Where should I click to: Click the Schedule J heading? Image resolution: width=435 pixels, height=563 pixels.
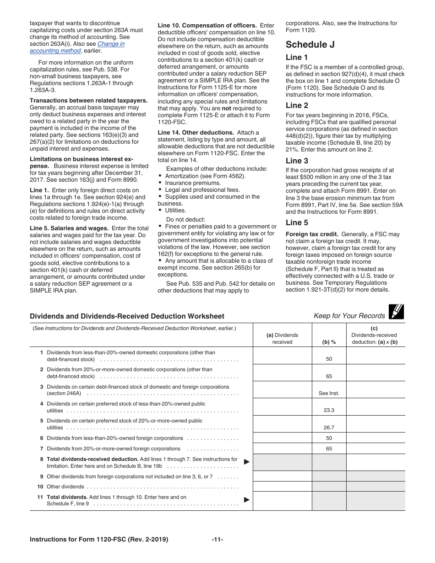coord(310,44)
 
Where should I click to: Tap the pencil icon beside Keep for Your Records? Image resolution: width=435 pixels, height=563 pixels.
coord(396,312)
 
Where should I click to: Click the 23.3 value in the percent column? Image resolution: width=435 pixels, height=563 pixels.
coord(329,410)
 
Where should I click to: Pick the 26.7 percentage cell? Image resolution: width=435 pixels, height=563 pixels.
coord(329,428)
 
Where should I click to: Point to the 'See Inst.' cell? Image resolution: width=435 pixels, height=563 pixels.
coord(329,393)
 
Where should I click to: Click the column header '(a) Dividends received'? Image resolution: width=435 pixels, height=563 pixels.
coord(282,338)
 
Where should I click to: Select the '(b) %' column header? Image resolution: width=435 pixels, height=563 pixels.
coord(329,341)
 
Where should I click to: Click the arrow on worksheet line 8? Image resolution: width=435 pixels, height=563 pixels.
coord(247,462)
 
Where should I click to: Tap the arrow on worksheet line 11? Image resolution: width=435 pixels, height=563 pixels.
coord(247,499)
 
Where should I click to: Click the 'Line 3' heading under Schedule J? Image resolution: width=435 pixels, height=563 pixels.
coord(297,161)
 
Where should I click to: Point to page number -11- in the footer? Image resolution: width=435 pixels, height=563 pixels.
coord(217,539)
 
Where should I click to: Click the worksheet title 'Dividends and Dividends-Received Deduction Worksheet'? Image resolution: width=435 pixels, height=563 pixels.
coord(127,316)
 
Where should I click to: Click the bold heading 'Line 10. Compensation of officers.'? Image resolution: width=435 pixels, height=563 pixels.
coord(207,25)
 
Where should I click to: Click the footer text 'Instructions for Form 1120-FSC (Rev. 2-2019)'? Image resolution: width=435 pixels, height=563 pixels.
coord(99,539)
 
